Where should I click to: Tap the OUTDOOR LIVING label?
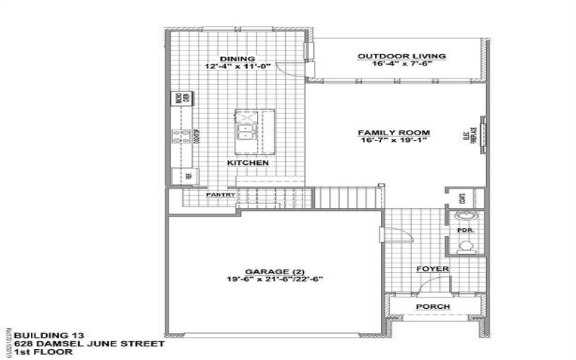point(402,55)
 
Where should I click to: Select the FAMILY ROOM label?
point(394,132)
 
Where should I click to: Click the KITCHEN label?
point(248,163)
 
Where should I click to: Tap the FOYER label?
point(433,269)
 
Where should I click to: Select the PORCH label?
point(433,307)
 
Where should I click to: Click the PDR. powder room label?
point(464,230)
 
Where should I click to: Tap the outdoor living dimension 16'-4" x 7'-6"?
point(402,63)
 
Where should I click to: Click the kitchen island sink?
point(247,132)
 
